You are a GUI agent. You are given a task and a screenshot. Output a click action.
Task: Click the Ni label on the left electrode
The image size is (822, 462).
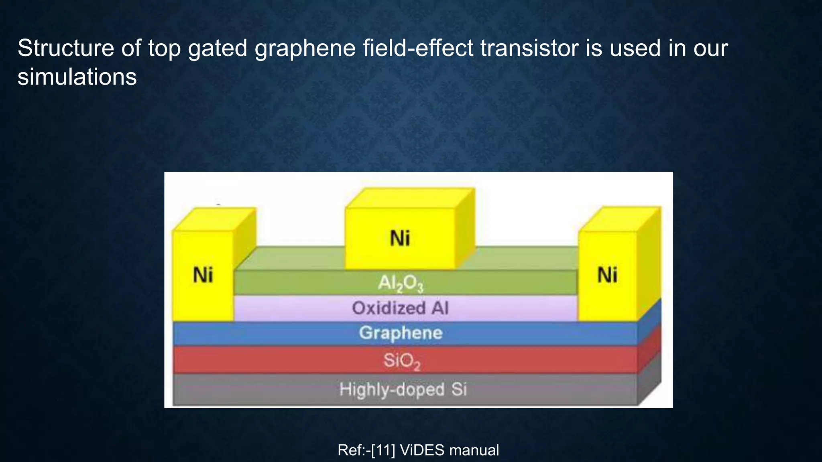(203, 276)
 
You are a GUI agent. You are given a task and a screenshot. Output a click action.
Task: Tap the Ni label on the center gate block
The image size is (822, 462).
(400, 238)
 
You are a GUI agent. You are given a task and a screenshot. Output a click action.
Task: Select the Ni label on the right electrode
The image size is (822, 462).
(607, 276)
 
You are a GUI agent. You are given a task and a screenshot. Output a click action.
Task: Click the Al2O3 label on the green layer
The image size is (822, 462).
(401, 284)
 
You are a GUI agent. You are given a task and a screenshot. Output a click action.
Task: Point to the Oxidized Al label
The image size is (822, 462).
(400, 308)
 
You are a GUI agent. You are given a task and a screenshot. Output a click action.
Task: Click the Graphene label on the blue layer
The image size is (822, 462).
(401, 333)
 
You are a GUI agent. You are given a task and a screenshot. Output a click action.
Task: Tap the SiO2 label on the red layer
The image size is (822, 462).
(402, 361)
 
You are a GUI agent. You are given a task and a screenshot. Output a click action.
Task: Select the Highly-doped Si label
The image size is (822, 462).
(403, 389)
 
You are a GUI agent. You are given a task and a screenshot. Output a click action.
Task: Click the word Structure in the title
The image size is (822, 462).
(66, 48)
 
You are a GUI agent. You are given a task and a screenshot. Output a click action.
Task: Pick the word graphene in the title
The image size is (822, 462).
(305, 48)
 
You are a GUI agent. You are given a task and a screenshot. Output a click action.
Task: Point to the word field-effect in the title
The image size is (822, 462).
(418, 48)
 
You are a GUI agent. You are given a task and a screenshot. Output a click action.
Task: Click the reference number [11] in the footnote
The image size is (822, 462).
(383, 450)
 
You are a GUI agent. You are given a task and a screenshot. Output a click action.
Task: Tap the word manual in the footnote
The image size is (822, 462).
(474, 450)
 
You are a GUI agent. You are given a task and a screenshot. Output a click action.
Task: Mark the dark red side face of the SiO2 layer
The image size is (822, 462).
(649, 348)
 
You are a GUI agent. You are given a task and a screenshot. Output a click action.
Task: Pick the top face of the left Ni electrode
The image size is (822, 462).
(214, 219)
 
